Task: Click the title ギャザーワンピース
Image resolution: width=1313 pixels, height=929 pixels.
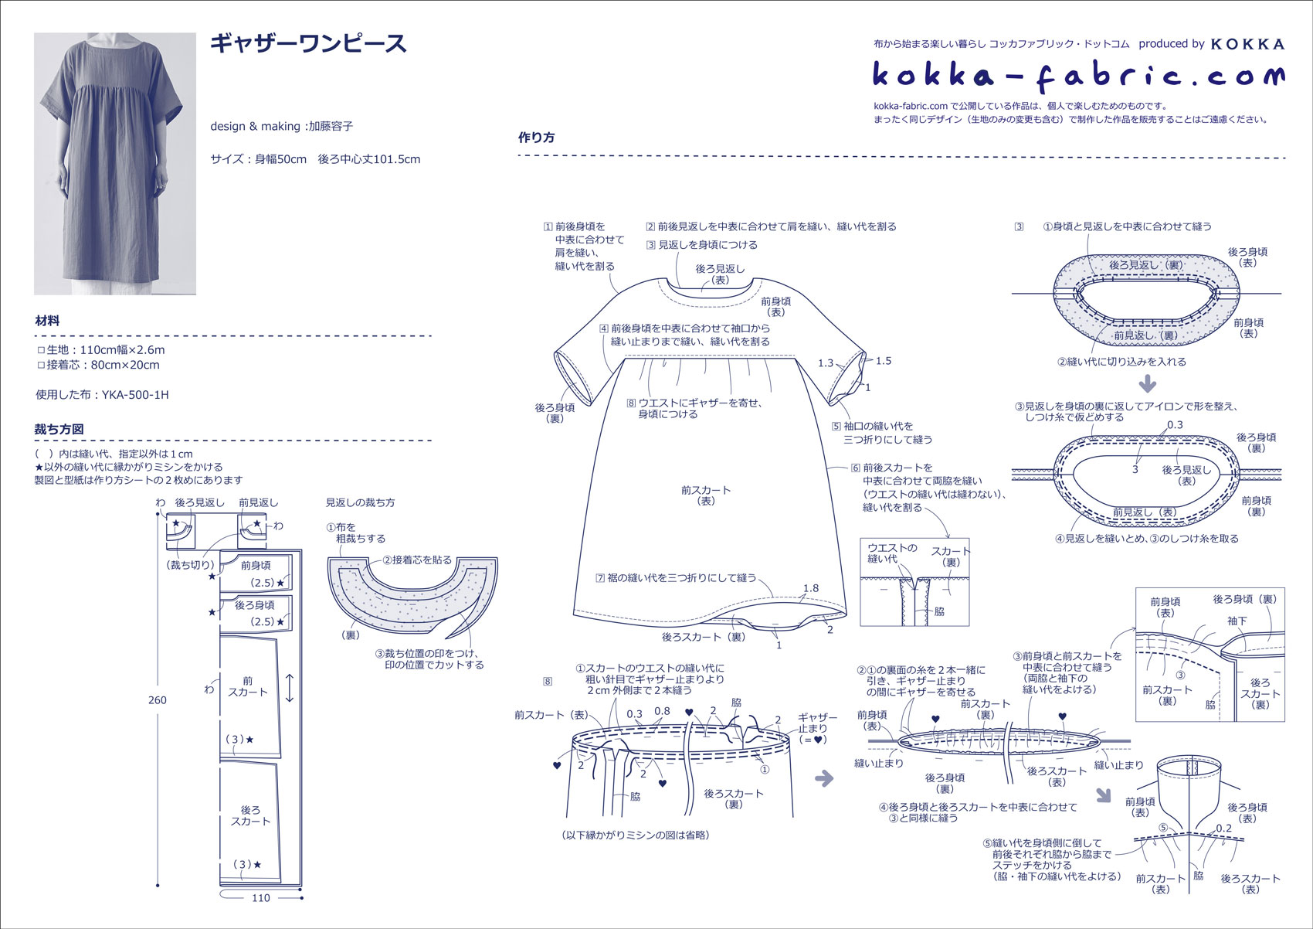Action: tap(308, 43)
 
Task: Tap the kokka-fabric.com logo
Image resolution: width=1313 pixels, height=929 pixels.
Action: tap(1078, 76)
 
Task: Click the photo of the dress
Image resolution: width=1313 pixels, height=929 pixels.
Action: tap(115, 163)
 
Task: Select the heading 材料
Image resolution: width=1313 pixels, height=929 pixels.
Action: tap(47, 321)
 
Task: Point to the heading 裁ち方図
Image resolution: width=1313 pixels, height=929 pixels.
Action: tap(59, 429)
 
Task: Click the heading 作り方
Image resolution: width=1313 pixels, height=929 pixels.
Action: tap(536, 138)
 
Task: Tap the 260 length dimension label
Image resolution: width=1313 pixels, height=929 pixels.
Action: tap(157, 700)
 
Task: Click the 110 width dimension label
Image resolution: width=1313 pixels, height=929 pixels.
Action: tap(261, 897)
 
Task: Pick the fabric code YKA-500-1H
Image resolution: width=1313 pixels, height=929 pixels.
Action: tap(135, 394)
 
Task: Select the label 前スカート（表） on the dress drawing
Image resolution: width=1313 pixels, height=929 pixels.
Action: tap(706, 495)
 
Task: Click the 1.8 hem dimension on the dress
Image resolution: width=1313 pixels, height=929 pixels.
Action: tap(810, 588)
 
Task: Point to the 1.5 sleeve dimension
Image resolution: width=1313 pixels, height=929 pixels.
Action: tap(884, 361)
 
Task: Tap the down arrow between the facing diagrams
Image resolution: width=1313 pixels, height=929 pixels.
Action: tap(1148, 383)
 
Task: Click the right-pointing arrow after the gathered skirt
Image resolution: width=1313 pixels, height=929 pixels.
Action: tap(825, 778)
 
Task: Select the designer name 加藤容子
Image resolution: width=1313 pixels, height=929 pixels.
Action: tap(331, 126)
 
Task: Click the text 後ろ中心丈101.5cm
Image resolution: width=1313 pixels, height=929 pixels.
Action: tap(369, 159)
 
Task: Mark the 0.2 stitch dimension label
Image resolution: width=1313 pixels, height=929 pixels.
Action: tap(1223, 828)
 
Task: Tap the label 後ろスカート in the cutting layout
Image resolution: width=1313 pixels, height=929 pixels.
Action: tap(250, 815)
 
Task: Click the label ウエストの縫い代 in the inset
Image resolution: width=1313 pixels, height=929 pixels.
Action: tap(892, 553)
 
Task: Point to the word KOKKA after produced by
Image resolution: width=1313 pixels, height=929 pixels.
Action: tap(1247, 44)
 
